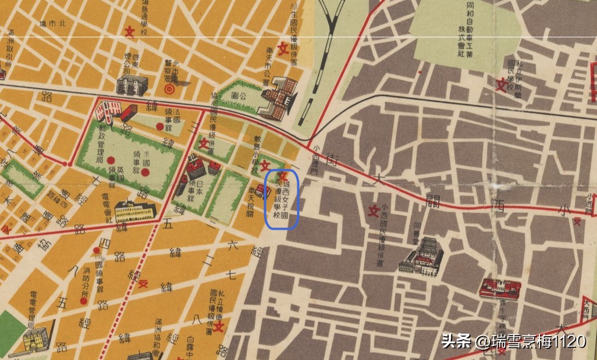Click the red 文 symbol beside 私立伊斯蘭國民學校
pos(500,85)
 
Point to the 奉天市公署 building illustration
pos(281,98)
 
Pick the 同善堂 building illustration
pos(424,256)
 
